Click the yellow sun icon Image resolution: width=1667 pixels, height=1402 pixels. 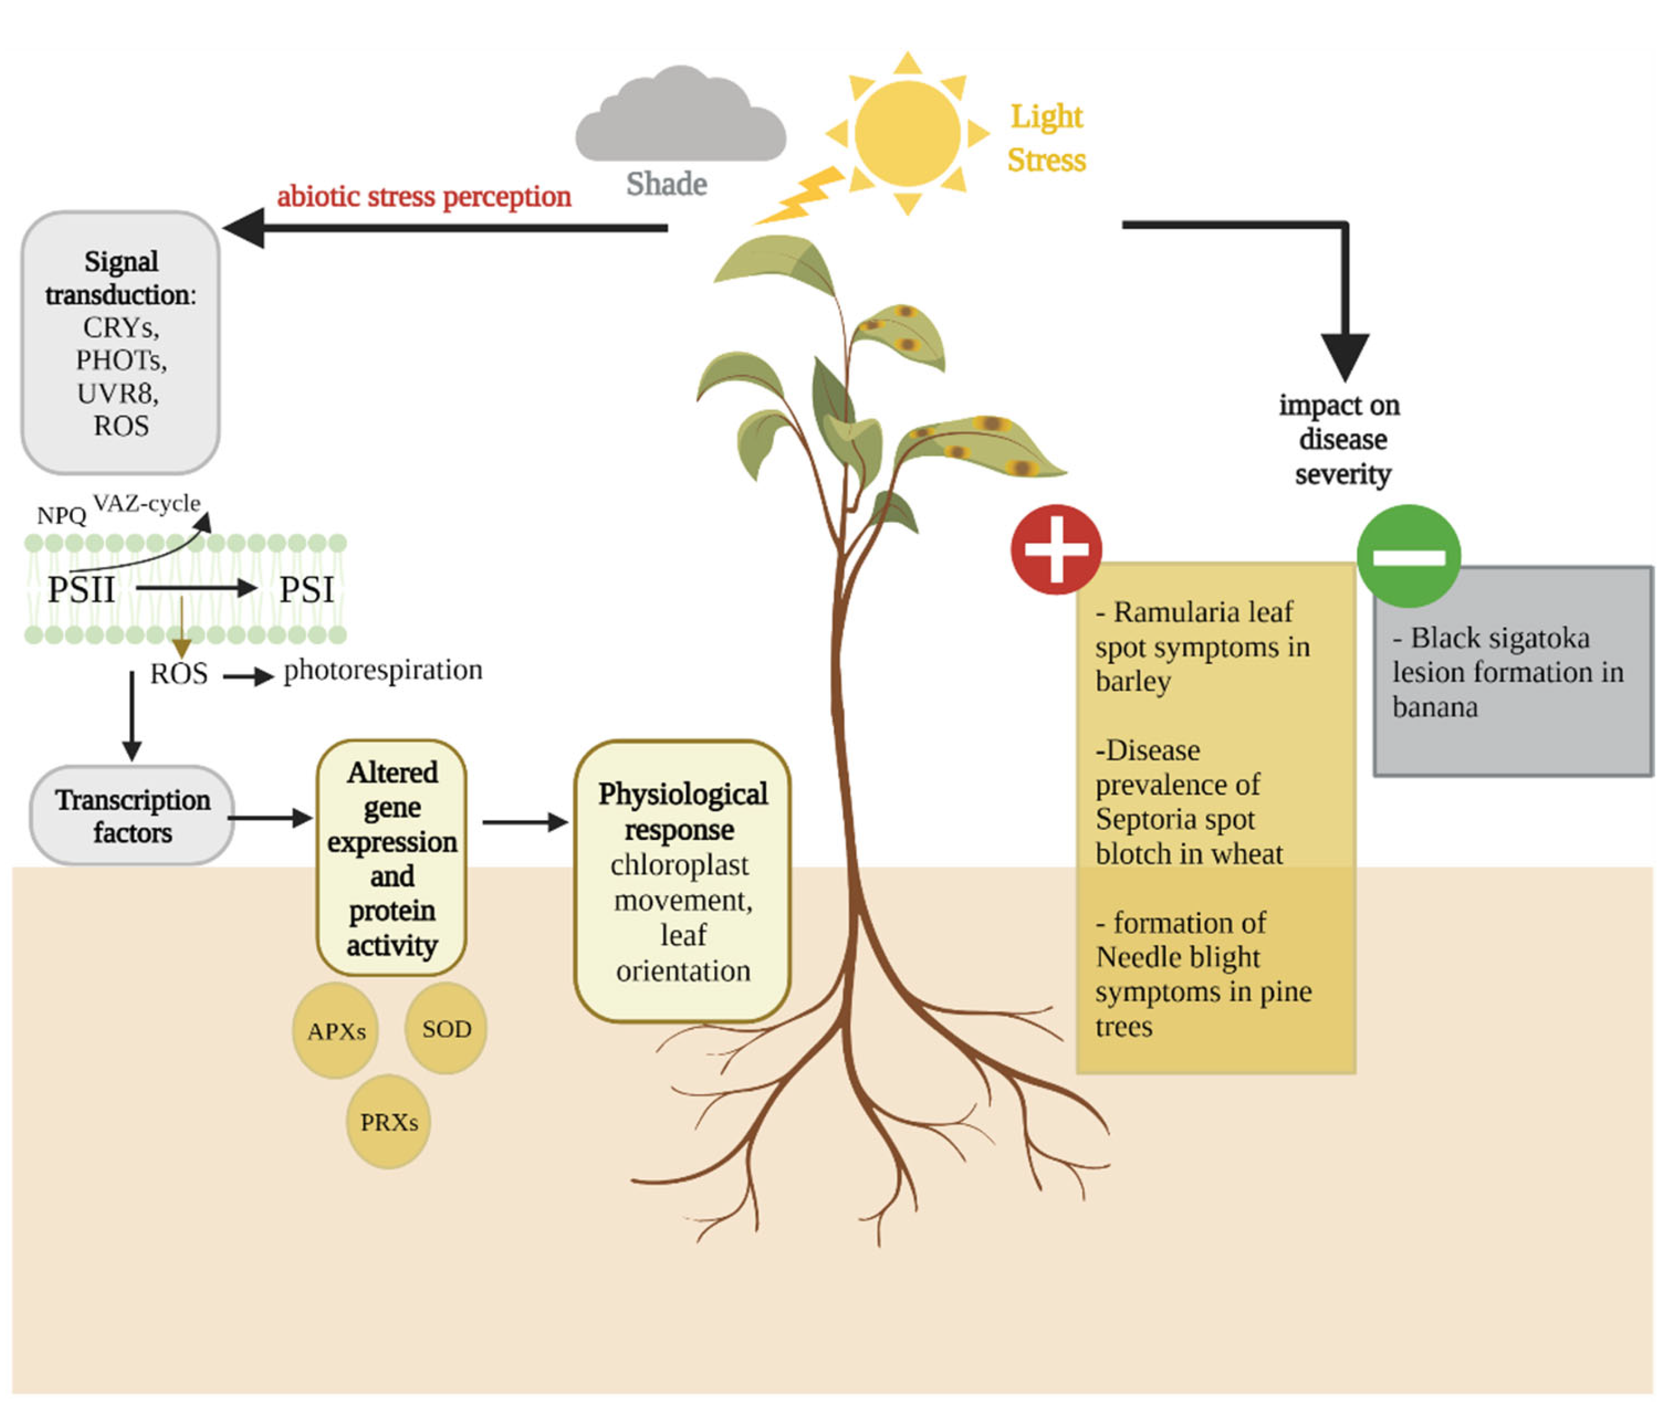point(907,133)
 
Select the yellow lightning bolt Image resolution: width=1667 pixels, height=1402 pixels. point(799,196)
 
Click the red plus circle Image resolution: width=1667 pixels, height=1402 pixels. point(1056,549)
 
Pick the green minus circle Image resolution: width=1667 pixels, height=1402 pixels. point(1408,556)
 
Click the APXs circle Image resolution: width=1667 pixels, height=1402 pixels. point(336,1031)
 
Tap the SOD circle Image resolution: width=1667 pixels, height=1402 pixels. point(446,1028)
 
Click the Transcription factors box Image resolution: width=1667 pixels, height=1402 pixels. point(132,815)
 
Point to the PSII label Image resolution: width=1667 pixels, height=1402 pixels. point(81,590)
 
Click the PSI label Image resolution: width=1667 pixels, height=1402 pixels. point(306,590)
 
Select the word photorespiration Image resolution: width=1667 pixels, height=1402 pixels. point(383,671)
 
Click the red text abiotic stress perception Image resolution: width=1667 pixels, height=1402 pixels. point(424,196)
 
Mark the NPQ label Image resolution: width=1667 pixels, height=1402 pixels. point(61,516)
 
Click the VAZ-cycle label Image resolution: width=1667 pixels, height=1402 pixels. point(147,503)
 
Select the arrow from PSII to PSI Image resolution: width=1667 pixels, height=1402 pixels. point(196,588)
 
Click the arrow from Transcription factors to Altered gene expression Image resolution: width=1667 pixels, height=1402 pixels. point(270,817)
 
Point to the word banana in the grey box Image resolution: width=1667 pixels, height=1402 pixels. point(1435,707)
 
